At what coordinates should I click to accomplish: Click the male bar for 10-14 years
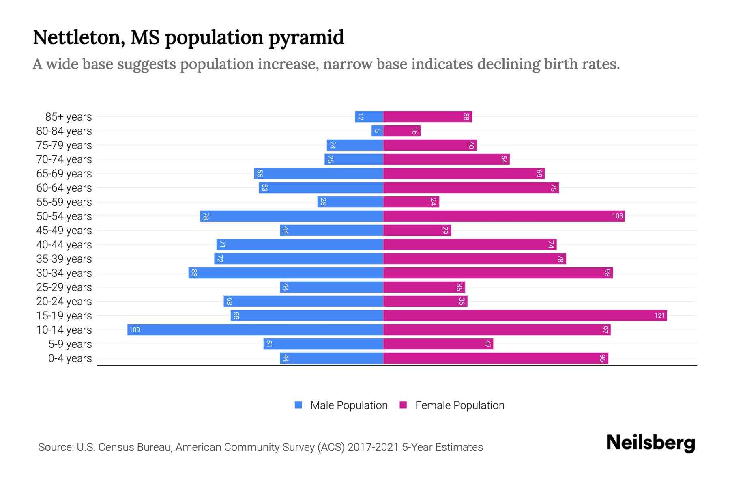255,330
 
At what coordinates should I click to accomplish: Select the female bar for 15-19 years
525,315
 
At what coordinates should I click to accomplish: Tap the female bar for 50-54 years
504,216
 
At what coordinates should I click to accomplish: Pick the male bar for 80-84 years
377,131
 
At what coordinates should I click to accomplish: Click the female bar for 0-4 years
496,358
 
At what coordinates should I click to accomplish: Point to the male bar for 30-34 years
286,273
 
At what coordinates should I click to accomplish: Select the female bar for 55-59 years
411,202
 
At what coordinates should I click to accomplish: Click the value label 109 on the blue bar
135,330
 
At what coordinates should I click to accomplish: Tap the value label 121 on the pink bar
659,315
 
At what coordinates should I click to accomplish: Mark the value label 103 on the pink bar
617,216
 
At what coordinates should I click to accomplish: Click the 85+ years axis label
69,117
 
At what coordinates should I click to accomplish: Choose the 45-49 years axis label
64,231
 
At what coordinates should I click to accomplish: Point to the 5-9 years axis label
70,344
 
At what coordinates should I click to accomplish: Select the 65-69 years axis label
64,174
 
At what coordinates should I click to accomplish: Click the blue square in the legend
298,405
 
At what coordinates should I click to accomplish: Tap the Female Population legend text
459,405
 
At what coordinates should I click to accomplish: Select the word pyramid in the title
306,38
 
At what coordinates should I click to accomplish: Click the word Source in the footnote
56,447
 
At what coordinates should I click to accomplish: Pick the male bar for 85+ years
369,116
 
